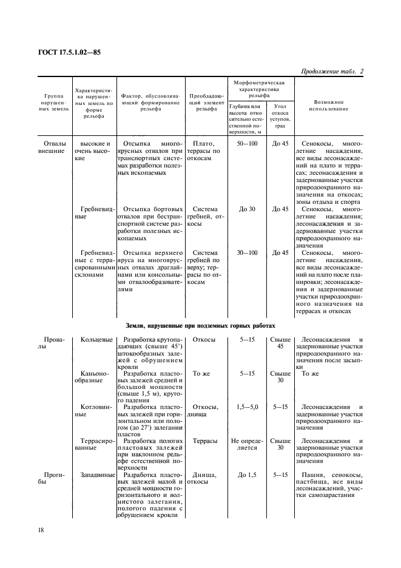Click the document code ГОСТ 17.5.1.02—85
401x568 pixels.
(x=70, y=52)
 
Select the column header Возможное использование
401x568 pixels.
(x=329, y=105)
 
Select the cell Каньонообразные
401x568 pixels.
(x=91, y=377)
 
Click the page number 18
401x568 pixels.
(x=41, y=530)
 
